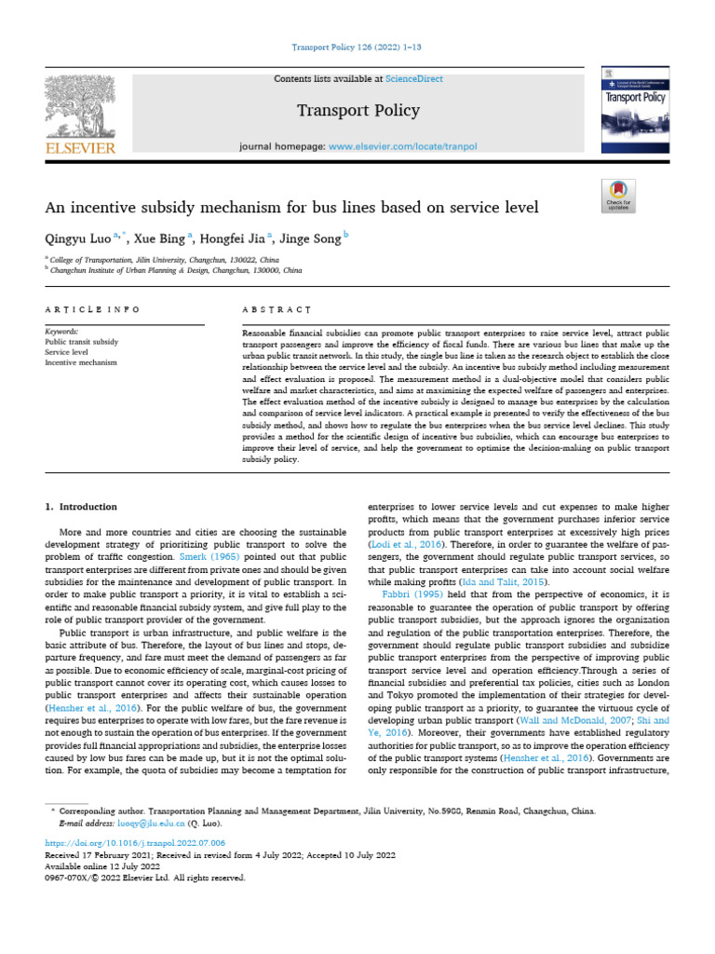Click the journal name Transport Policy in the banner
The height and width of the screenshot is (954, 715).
point(358,111)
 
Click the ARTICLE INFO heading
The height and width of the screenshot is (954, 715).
point(93,308)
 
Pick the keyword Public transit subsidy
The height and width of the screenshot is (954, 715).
point(82,342)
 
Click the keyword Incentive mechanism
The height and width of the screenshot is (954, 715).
point(82,362)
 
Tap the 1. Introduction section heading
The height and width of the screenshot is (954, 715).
point(82,507)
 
